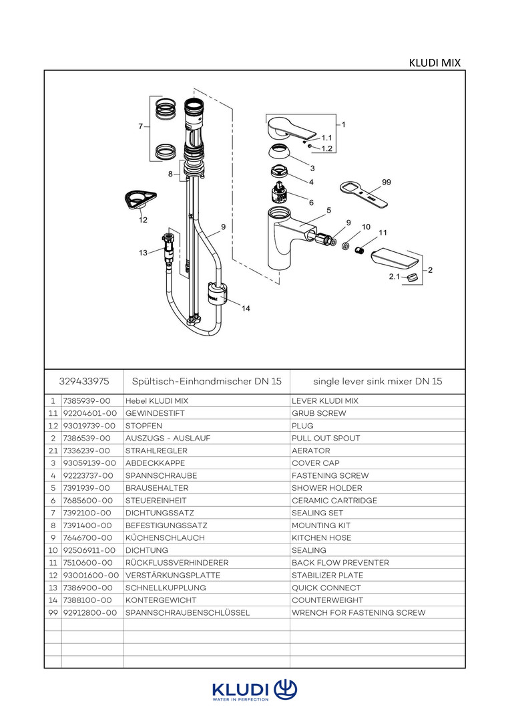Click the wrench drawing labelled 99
pos(364,195)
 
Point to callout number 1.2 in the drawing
pos(326,148)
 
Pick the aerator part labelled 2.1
pos(413,277)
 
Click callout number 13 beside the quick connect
pos(143,253)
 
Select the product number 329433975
pos(83,381)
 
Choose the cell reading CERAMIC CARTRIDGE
pos(334,501)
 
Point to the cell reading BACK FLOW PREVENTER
pos(340,563)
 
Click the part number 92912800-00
pos(89,613)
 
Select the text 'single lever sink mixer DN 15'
pos(377,381)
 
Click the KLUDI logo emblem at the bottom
pos(285,689)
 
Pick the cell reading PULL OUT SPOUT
pos(326,438)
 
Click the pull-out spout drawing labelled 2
pos(397,257)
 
